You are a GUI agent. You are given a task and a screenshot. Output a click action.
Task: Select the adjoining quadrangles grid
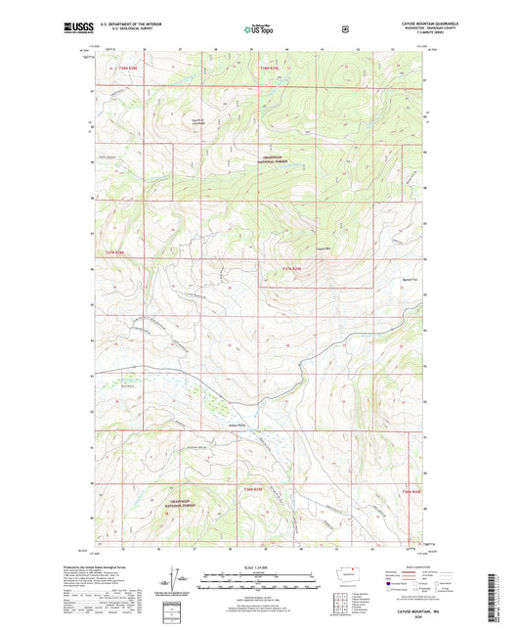click(x=338, y=598)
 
